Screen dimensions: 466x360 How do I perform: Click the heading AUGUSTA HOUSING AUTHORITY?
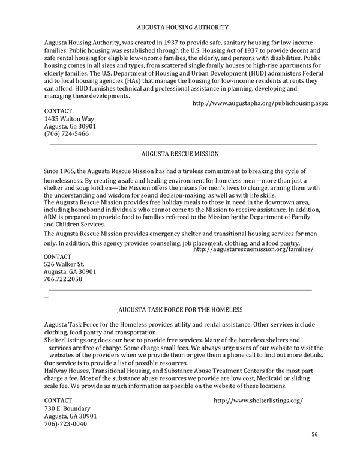coord(182,28)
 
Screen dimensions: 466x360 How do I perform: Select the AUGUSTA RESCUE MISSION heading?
coord(180,154)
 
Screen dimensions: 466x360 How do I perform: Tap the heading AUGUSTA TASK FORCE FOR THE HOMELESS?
coord(181,310)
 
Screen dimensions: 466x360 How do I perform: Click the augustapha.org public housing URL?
coord(260,103)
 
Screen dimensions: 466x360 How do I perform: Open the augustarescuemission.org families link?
coord(253,249)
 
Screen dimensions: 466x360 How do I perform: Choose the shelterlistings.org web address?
coord(258,400)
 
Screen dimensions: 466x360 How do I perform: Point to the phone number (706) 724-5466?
coord(67,134)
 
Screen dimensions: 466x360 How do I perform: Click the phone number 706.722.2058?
coord(64,279)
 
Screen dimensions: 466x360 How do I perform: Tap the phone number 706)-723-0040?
coord(65,424)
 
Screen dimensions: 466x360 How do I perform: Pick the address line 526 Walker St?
coord(64,264)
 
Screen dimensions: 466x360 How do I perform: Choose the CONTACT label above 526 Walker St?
coord(58,256)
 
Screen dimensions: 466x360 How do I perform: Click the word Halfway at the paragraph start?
coord(58,371)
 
